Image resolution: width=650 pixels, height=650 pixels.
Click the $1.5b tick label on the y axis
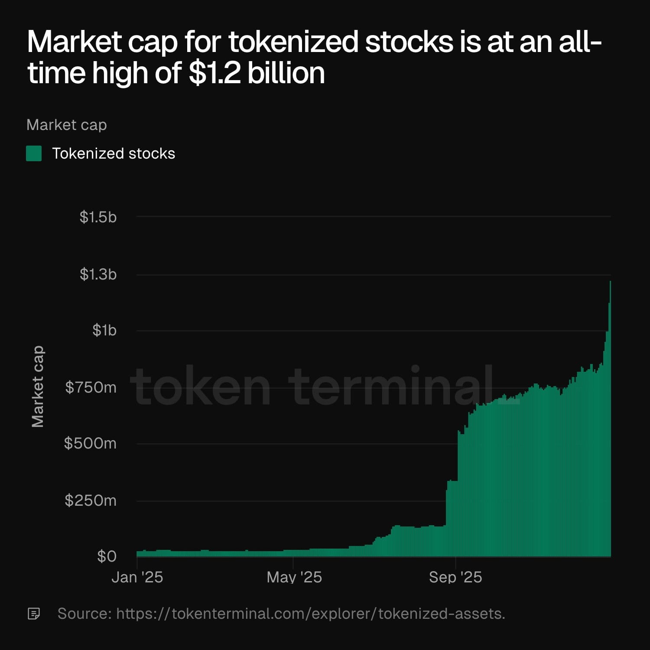98,217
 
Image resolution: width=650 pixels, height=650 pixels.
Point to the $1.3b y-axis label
98,274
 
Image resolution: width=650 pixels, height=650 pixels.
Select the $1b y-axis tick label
104,331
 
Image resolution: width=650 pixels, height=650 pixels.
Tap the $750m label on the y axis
91,387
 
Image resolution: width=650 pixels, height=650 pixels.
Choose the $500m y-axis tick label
90,443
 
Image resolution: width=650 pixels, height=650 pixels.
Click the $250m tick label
91,500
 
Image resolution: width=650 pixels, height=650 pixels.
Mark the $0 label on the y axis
107,556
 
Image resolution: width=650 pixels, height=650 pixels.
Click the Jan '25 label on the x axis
137,577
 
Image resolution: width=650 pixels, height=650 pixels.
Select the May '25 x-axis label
294,577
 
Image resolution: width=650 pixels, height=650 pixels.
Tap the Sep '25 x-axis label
455,577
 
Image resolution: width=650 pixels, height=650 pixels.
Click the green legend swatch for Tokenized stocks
34,153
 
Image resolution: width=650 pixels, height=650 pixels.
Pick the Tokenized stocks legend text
114,153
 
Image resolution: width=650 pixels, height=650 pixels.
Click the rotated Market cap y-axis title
38,387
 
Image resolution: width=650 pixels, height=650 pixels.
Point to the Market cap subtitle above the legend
66,125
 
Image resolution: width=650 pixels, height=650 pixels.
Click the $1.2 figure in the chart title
214,73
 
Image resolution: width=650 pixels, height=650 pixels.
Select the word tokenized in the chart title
293,42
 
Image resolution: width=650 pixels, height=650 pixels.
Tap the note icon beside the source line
34,614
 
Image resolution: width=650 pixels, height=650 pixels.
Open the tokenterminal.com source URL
310,614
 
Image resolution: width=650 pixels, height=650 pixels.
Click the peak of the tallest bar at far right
610,282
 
